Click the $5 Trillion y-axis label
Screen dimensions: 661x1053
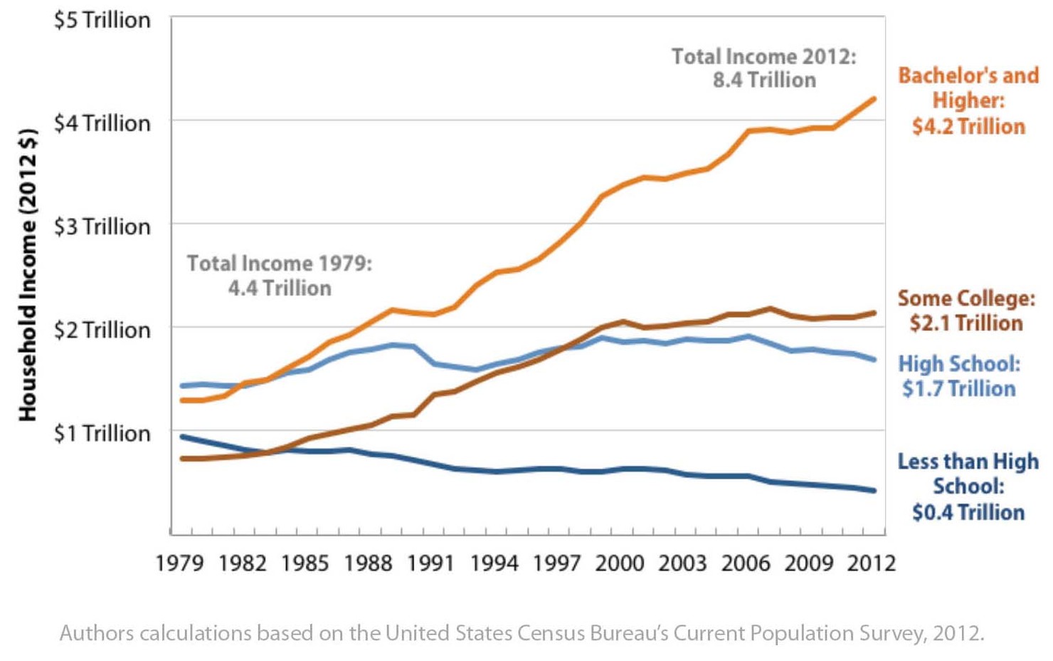point(102,20)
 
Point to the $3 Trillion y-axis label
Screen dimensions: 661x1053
point(102,227)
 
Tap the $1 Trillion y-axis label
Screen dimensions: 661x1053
point(102,433)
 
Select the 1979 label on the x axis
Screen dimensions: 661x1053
point(179,563)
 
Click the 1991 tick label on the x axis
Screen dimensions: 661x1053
point(430,563)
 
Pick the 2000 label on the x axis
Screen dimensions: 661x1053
point(619,563)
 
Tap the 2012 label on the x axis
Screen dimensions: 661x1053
point(871,563)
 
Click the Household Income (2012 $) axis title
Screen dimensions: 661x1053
point(27,274)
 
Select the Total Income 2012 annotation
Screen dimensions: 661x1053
point(764,68)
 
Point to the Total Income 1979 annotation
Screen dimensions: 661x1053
point(279,276)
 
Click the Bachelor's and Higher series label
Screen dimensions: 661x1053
point(968,100)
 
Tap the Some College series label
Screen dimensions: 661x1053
point(966,311)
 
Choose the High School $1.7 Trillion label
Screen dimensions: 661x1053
point(959,376)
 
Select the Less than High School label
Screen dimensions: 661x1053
point(968,486)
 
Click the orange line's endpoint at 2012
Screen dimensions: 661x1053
point(873,100)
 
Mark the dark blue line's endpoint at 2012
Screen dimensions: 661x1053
point(873,490)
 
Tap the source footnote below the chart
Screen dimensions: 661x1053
point(522,633)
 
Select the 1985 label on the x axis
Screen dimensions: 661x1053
point(305,563)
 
